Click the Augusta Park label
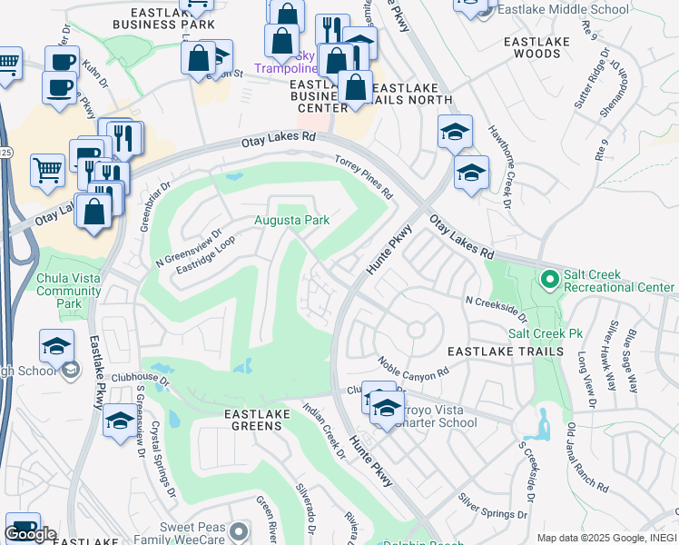tap(290, 220)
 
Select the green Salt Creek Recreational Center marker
tap(547, 279)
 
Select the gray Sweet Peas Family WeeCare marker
tap(238, 531)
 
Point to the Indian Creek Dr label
tap(324, 431)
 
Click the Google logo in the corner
tap(30, 534)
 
